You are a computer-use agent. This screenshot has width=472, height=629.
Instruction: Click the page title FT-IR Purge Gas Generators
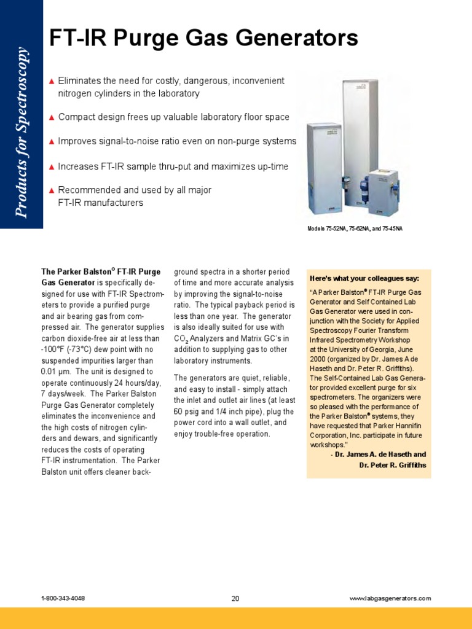[203, 39]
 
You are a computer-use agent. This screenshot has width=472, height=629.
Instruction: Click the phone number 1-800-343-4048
[63, 598]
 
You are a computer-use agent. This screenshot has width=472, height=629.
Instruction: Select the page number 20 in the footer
[235, 598]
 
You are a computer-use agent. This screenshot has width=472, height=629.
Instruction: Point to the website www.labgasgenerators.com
[390, 598]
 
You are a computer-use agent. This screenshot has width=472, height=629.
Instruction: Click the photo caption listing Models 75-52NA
[355, 229]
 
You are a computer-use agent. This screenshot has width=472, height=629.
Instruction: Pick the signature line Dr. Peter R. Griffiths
[392, 465]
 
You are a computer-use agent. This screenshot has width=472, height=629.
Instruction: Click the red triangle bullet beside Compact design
[52, 117]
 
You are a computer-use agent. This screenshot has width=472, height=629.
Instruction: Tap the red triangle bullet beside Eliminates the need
[52, 81]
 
